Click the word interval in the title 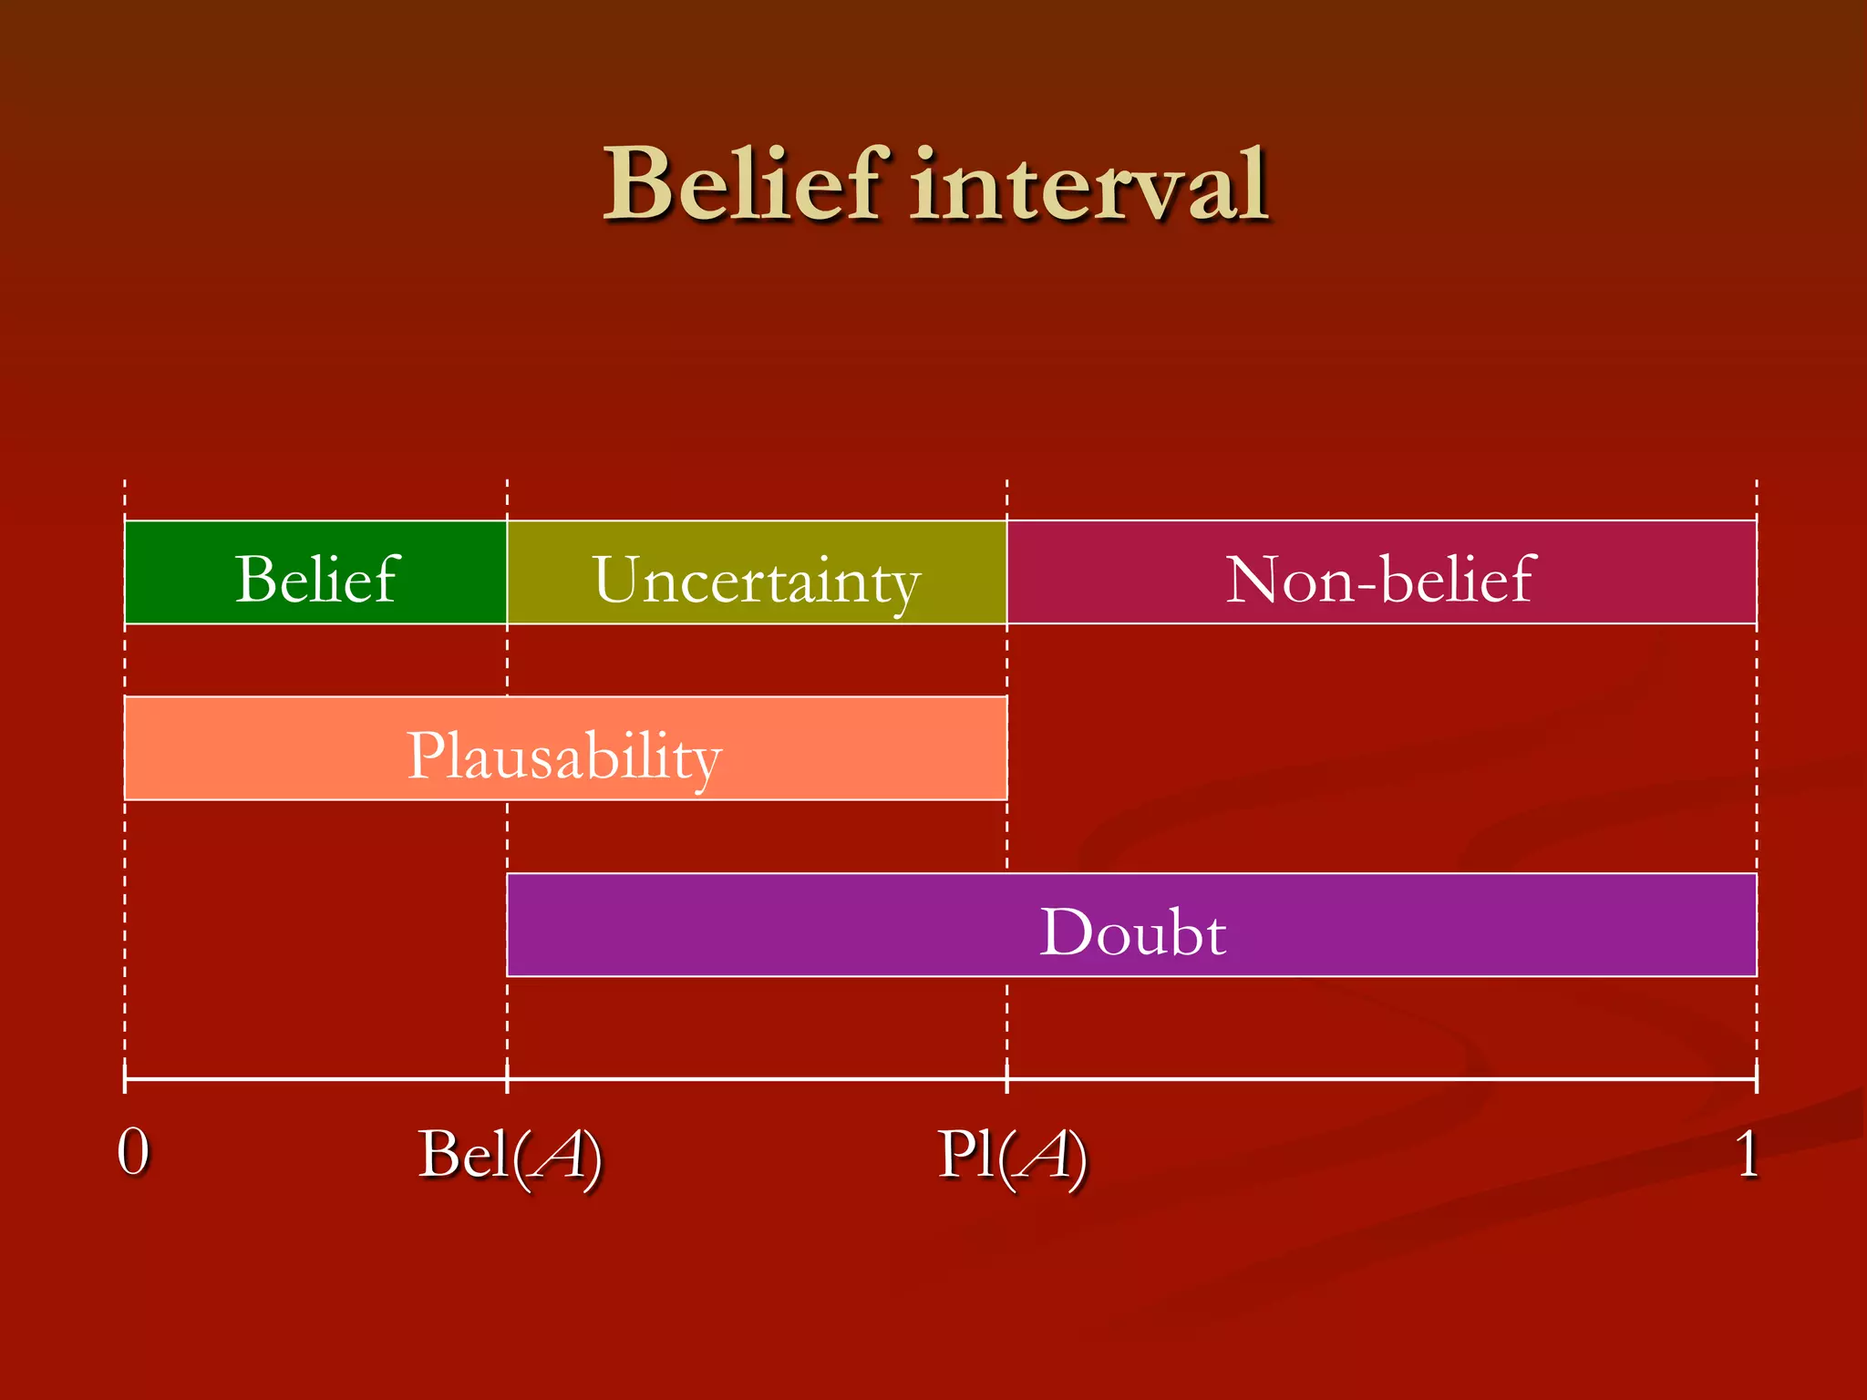click(1089, 185)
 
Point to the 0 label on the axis click(133, 1152)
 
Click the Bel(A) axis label click(511, 1156)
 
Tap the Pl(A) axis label click(1013, 1156)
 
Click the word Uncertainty click(757, 581)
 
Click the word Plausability click(564, 756)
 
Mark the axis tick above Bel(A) click(507, 1079)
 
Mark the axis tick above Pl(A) click(1007, 1079)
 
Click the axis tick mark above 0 click(125, 1079)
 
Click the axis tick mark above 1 click(1756, 1079)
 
